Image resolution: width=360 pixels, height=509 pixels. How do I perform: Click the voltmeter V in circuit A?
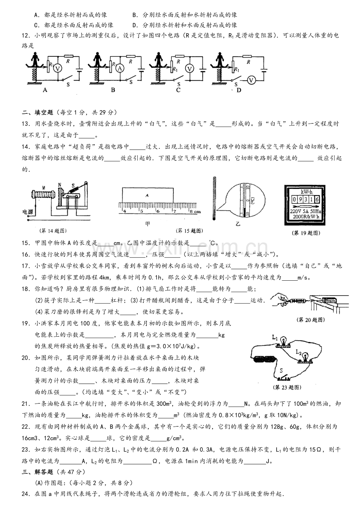[x=58, y=68]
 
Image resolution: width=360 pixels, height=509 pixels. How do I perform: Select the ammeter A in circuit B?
[x=120, y=68]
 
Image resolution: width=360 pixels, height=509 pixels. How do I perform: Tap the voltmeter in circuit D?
[x=251, y=80]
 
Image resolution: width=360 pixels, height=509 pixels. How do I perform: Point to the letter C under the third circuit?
[x=178, y=90]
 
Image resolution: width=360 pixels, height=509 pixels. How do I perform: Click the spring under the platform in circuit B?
[x=97, y=74]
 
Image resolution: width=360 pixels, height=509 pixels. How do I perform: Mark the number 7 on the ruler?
[x=175, y=211]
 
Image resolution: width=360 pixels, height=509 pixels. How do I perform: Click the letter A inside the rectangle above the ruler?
[x=147, y=195]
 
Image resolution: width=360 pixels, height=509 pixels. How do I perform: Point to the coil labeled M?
[x=43, y=195]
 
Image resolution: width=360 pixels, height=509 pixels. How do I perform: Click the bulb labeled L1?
[x=283, y=342]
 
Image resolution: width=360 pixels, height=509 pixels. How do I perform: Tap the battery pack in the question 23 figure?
[x=264, y=360]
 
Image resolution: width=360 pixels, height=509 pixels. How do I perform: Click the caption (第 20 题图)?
[x=310, y=320]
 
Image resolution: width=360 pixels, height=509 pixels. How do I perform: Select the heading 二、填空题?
[x=38, y=112]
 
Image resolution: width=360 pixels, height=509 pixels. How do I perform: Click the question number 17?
[x=26, y=266]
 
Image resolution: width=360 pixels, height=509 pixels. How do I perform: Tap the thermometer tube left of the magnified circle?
[x=214, y=198]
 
